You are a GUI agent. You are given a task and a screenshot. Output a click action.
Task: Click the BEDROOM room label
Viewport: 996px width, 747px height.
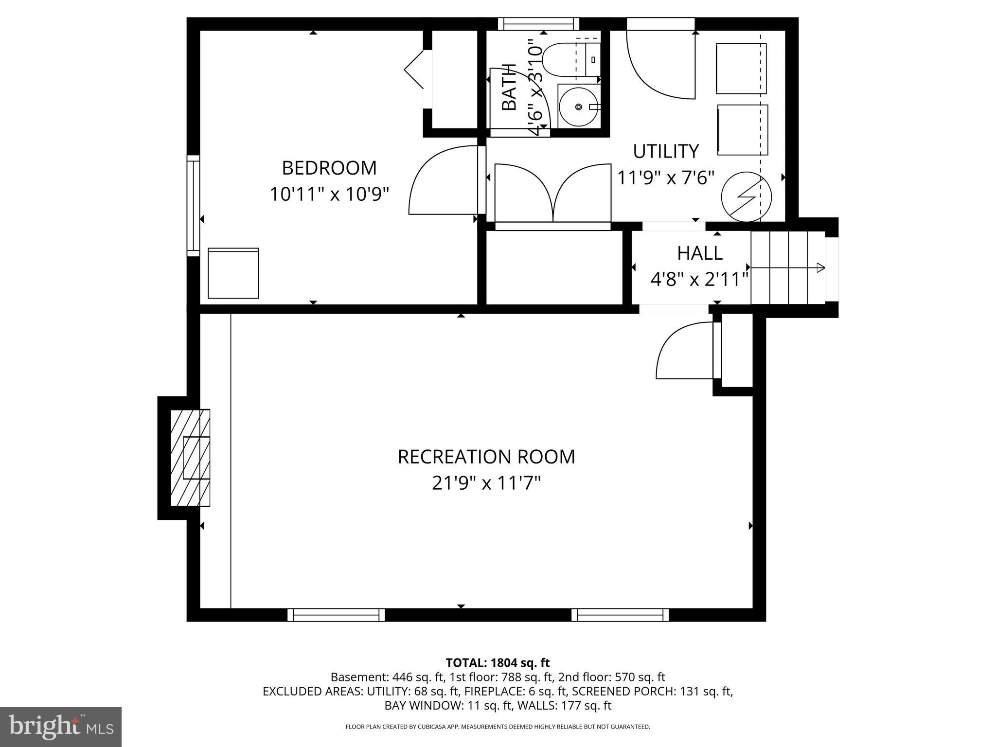pos(329,168)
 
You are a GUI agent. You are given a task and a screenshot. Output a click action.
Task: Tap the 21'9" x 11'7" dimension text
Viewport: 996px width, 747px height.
pos(486,483)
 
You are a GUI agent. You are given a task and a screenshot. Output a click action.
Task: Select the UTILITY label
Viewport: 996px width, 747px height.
pos(666,152)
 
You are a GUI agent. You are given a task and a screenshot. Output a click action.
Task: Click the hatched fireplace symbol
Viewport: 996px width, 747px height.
pos(190,458)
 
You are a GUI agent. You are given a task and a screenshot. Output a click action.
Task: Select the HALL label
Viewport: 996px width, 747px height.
pos(700,253)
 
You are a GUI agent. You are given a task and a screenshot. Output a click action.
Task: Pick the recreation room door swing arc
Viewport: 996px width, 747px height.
pos(681,350)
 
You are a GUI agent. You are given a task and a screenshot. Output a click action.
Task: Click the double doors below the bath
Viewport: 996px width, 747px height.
pos(553,195)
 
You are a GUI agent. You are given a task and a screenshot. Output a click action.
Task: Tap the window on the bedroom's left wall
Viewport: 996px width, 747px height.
pos(194,206)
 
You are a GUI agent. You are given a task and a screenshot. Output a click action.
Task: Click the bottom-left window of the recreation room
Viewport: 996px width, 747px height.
pos(336,615)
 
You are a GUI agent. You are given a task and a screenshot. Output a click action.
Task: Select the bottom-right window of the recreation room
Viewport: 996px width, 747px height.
pos(620,615)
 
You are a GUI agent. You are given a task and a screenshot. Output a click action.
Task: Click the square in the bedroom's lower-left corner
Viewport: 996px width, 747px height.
pos(233,273)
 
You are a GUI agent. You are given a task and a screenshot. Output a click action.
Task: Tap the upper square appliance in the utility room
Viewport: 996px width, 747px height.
pos(741,69)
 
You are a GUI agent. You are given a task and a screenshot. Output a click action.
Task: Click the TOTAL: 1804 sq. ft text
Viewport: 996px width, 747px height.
pos(498,662)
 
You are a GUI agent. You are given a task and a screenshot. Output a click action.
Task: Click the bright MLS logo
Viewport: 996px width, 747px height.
pos(60,727)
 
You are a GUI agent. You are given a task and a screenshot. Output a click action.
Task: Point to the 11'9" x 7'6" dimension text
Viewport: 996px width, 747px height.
pos(666,178)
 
